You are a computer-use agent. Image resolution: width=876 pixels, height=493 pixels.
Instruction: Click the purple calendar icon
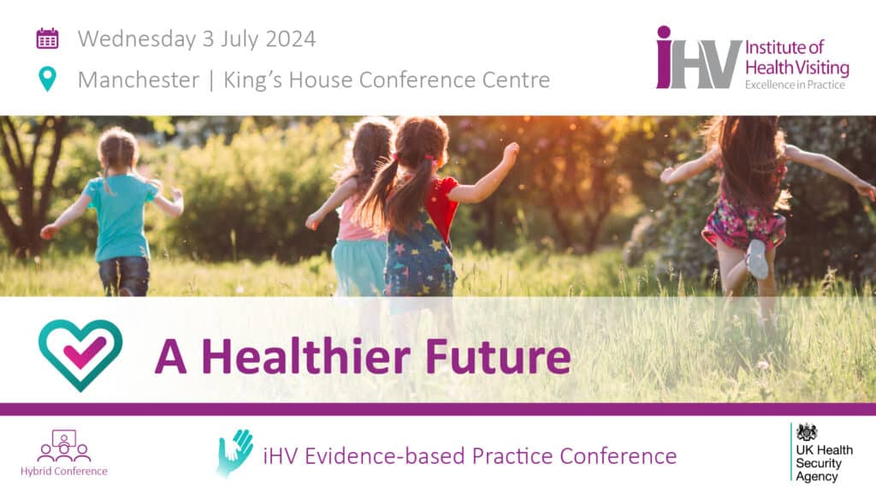[48, 39]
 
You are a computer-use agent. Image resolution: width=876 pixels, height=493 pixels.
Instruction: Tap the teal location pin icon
[48, 79]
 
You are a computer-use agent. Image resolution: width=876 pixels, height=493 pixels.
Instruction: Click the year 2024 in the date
[291, 39]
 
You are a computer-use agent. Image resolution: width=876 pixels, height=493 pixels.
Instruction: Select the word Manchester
[139, 80]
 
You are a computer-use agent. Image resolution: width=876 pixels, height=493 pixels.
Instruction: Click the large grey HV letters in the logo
[707, 64]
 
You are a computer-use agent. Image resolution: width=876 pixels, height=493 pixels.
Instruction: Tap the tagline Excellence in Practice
[795, 85]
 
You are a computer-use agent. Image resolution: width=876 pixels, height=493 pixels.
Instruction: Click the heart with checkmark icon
[80, 355]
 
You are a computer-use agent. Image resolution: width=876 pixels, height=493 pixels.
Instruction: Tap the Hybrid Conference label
[63, 472]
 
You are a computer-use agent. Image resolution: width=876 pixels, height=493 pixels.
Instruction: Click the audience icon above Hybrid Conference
[64, 445]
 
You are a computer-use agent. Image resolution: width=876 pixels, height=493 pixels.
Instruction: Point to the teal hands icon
[234, 453]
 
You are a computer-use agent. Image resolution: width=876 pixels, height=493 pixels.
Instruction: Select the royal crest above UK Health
[808, 432]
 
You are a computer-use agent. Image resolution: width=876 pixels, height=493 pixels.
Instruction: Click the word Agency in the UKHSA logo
[817, 477]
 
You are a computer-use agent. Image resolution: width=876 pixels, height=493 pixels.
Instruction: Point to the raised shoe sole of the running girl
[758, 258]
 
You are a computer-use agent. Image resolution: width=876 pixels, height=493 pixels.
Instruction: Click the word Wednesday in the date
[137, 39]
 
